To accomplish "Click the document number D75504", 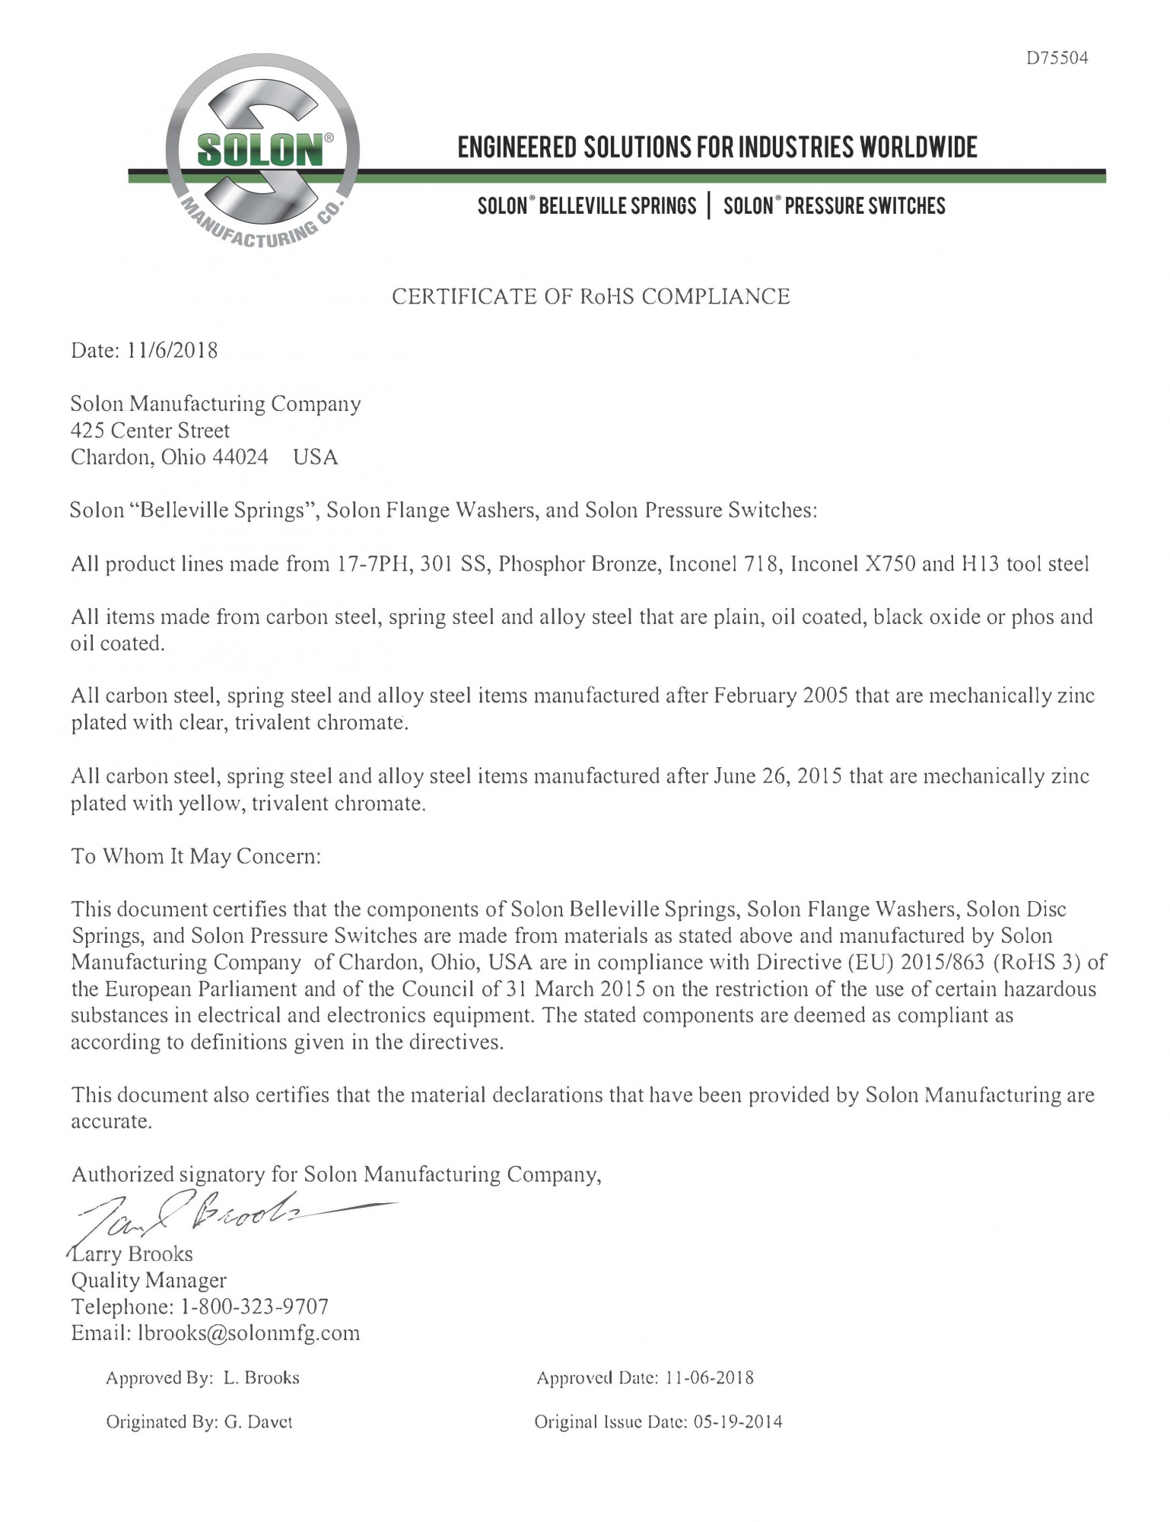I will click(1057, 59).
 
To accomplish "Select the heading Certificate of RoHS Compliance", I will click(590, 297).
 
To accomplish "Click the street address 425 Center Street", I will click(150, 431).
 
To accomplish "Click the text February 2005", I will click(781, 696).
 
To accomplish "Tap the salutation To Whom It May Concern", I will click(196, 857).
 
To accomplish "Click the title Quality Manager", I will click(148, 1281).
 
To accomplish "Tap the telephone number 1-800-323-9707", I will click(255, 1307).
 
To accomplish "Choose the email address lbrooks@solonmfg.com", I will click(249, 1333).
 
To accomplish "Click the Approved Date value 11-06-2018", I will click(709, 1378).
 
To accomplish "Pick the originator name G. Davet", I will click(259, 1422).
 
